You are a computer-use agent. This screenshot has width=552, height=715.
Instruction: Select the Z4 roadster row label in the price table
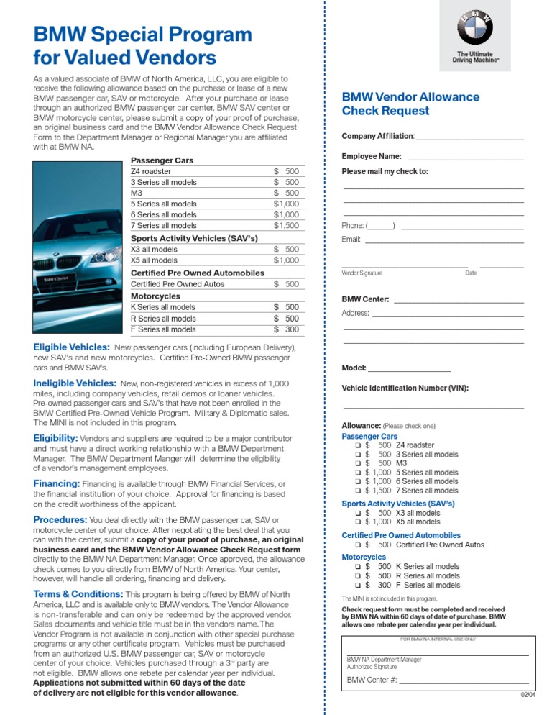click(151, 172)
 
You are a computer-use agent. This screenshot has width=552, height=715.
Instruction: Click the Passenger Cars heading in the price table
click(162, 160)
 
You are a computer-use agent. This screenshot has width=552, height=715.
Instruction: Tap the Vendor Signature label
click(362, 273)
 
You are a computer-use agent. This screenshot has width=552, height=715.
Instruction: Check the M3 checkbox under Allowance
click(357, 463)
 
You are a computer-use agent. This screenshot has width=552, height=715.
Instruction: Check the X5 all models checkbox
click(357, 522)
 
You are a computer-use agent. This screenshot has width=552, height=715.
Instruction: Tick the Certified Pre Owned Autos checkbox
click(357, 545)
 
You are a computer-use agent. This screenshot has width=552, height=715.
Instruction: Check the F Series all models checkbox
click(357, 586)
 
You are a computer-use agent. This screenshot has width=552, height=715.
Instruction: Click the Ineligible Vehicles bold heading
click(75, 383)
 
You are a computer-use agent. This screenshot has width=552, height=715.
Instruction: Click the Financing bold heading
click(57, 483)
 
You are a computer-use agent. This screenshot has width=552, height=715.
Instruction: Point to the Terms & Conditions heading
click(78, 594)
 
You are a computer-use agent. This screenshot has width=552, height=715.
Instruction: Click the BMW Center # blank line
click(464, 680)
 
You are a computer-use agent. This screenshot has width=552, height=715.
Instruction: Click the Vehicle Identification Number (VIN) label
click(405, 388)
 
